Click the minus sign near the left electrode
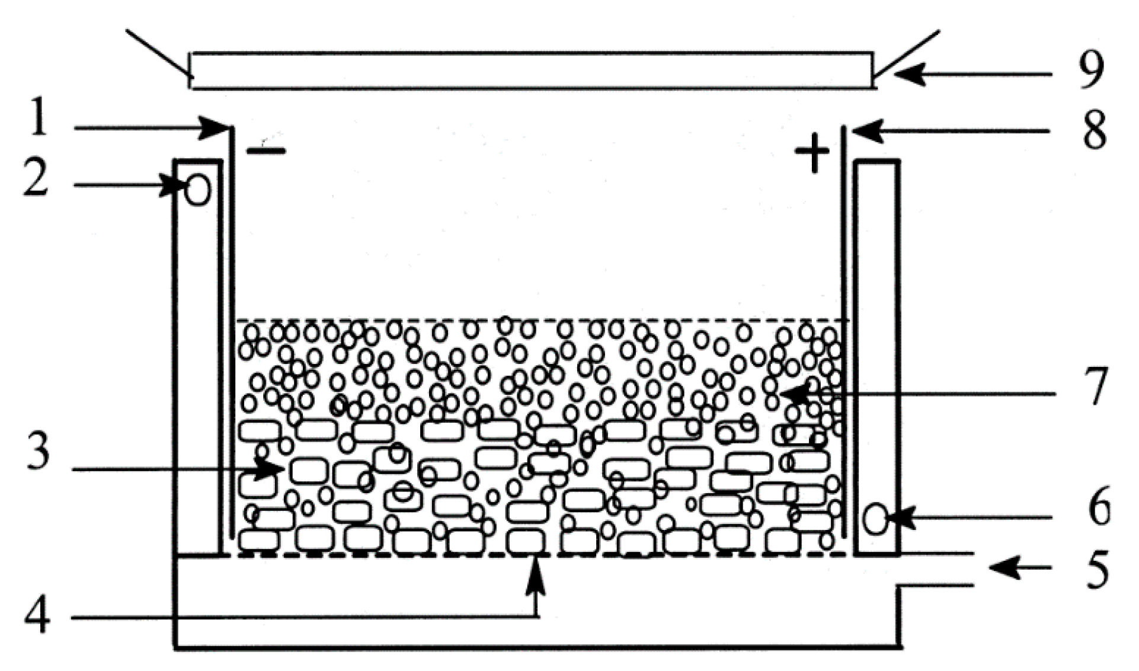pos(266,151)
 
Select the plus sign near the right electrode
pos(812,152)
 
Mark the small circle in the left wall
pos(198,191)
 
